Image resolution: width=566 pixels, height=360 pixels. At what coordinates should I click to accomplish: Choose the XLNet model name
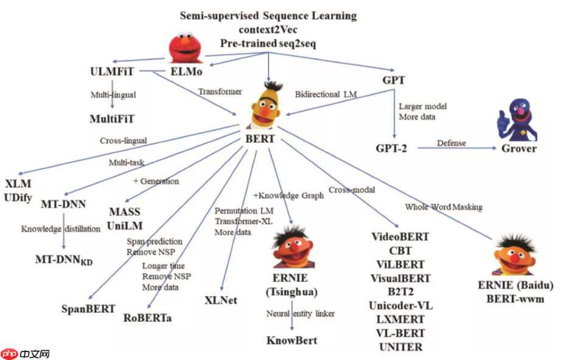221,300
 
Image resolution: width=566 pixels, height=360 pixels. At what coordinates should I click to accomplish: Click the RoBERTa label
147,317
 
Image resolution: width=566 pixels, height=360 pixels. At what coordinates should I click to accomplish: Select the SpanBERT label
88,308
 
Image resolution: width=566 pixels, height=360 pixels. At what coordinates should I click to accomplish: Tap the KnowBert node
292,340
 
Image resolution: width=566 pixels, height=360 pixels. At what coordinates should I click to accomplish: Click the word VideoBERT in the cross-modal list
400,237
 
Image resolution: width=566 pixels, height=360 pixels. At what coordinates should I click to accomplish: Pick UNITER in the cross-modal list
400,347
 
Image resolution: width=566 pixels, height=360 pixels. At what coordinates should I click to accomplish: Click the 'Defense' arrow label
451,143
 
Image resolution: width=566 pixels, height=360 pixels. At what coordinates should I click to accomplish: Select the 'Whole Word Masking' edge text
444,207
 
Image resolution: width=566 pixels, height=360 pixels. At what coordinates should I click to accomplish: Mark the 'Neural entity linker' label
301,314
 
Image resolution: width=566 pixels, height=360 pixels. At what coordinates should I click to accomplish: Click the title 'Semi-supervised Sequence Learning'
268,15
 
